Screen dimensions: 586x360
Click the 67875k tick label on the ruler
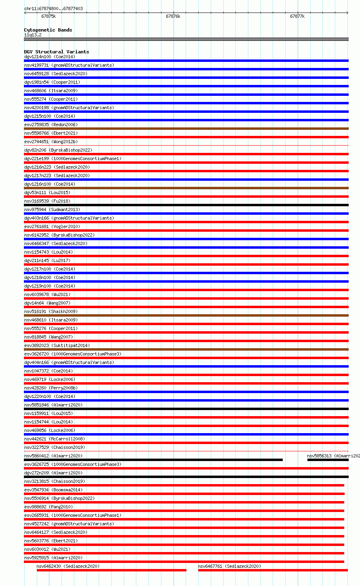49,16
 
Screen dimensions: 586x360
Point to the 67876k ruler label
173,16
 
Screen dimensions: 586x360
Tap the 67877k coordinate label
297,16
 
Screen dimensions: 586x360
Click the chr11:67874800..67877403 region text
53,8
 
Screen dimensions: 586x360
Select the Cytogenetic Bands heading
48,30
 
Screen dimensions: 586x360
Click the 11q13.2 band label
33,35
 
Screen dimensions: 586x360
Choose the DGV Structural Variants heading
57,52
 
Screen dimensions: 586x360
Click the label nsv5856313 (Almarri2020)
333,456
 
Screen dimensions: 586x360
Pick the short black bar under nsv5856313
328,460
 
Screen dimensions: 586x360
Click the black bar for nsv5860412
153,460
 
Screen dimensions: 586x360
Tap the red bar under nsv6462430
112,570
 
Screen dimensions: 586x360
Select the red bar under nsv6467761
273,570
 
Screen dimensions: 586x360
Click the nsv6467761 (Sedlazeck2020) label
229,566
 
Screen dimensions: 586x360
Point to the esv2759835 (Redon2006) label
51,125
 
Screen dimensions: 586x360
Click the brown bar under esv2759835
186,129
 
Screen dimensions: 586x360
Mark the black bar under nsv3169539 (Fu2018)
186,205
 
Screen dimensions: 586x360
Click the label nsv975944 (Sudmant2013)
52,209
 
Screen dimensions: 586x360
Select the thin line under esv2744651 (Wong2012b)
186,145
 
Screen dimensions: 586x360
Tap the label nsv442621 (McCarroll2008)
55,439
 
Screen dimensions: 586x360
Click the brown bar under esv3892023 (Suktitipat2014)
186,349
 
